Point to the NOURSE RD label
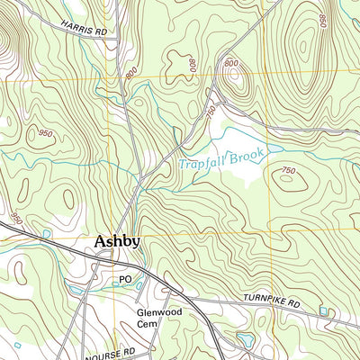(x=115, y=349)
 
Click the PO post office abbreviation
(x=125, y=280)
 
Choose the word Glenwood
(x=156, y=314)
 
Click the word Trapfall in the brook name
(x=200, y=164)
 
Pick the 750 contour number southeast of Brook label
(x=289, y=170)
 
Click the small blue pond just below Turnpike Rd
(x=323, y=310)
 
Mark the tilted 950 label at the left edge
(x=14, y=219)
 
